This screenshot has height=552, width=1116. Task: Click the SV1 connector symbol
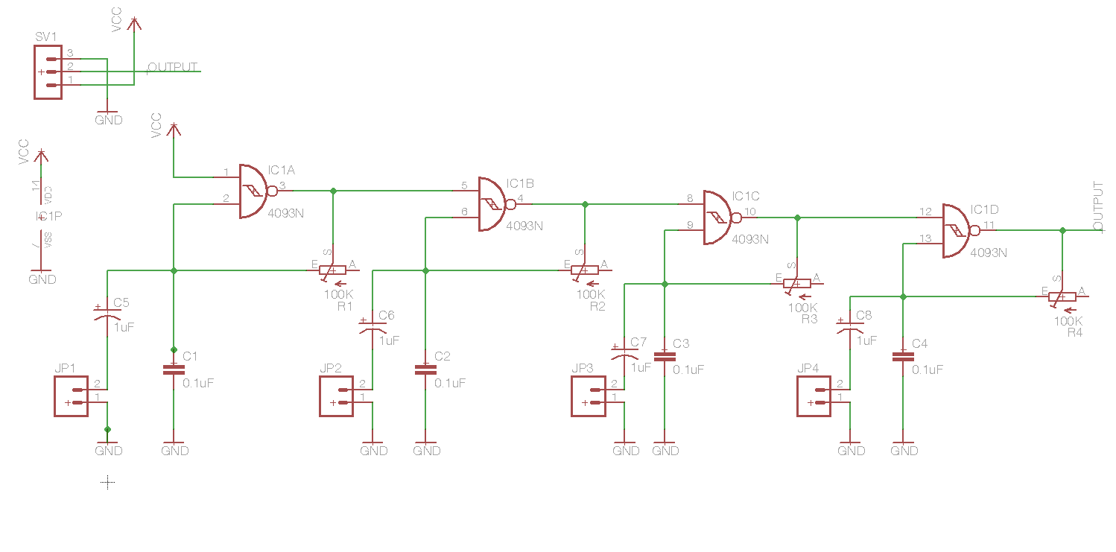click(x=48, y=72)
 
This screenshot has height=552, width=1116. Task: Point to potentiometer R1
click(x=333, y=270)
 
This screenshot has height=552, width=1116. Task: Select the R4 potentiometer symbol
click(x=1062, y=296)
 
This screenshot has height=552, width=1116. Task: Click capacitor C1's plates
click(x=174, y=369)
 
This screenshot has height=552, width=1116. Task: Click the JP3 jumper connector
click(x=590, y=396)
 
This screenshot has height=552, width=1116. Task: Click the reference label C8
click(x=863, y=316)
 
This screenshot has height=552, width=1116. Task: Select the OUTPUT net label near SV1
click(x=173, y=67)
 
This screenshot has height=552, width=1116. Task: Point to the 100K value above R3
click(x=802, y=307)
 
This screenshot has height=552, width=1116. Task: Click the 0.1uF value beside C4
click(x=928, y=369)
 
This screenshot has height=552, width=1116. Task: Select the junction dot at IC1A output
click(x=333, y=191)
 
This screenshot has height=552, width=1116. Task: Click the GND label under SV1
click(x=109, y=120)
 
